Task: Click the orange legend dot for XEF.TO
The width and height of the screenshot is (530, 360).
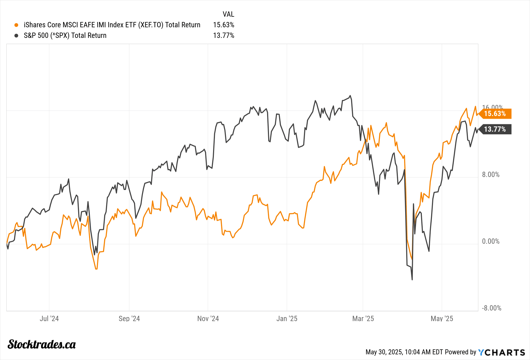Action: [x=16, y=25]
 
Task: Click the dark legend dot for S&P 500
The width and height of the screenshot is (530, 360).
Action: [x=16, y=35]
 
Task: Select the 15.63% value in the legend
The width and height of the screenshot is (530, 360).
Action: [x=223, y=25]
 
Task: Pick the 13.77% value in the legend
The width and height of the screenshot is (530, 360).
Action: [x=223, y=35]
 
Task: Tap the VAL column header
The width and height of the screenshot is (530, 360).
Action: [x=228, y=14]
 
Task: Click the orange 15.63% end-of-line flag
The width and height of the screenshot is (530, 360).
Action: [x=495, y=114]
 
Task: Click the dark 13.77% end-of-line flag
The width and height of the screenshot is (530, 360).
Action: [x=495, y=129]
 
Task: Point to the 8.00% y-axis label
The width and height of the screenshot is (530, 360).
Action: [x=491, y=175]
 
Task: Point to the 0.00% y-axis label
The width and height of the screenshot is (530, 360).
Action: [x=491, y=241]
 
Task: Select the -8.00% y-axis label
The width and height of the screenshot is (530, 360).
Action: [x=491, y=308]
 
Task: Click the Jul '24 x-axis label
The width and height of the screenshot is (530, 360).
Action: [x=49, y=318]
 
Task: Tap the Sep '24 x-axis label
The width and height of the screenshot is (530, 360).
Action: [x=129, y=318]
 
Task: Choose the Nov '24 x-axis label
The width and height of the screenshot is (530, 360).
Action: [x=208, y=318]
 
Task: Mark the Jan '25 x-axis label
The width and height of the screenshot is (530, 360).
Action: [x=287, y=318]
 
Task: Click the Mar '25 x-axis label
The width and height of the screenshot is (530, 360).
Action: [x=363, y=318]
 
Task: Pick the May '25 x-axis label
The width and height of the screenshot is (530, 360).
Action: [x=442, y=318]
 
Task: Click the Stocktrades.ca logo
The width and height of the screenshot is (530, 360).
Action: [x=42, y=344]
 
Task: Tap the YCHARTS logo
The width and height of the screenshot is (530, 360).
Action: [x=501, y=352]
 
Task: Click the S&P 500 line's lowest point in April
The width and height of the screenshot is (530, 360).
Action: [x=412, y=279]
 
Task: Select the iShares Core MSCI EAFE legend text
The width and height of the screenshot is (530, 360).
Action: [x=112, y=25]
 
